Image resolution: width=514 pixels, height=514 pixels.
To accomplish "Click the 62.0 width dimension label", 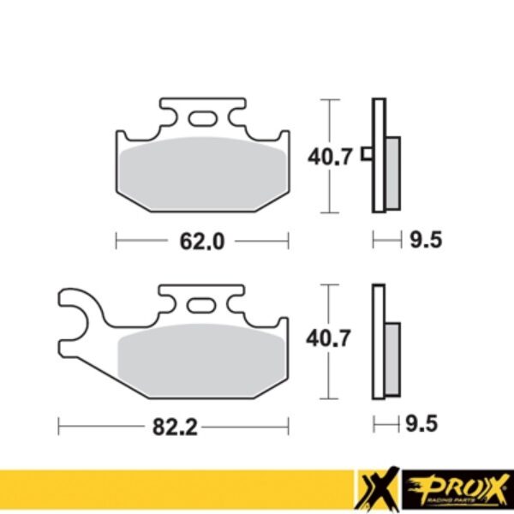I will tap(202, 242).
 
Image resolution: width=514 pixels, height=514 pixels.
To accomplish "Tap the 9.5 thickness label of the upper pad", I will tap(426, 242).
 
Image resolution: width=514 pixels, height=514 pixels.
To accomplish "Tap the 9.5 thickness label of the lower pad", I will tap(426, 423).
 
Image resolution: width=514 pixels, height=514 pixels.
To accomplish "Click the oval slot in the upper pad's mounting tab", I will tap(203, 118).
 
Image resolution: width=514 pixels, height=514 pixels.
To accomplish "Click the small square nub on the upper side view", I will tap(367, 155).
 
